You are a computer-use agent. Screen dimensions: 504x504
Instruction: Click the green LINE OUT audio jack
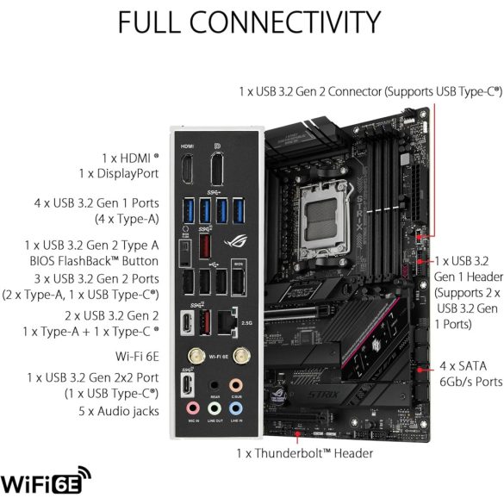[x=213, y=408]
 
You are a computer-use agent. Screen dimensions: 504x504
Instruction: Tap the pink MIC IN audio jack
[x=190, y=408]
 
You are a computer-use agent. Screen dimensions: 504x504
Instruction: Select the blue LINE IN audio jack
[x=235, y=408]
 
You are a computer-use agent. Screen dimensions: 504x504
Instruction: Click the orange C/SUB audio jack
[x=235, y=386]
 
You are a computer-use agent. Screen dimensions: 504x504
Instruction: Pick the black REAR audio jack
[x=213, y=386]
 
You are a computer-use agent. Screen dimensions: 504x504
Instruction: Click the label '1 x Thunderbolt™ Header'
[x=305, y=453]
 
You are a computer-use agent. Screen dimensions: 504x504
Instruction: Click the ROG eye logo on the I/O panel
[x=233, y=241]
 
